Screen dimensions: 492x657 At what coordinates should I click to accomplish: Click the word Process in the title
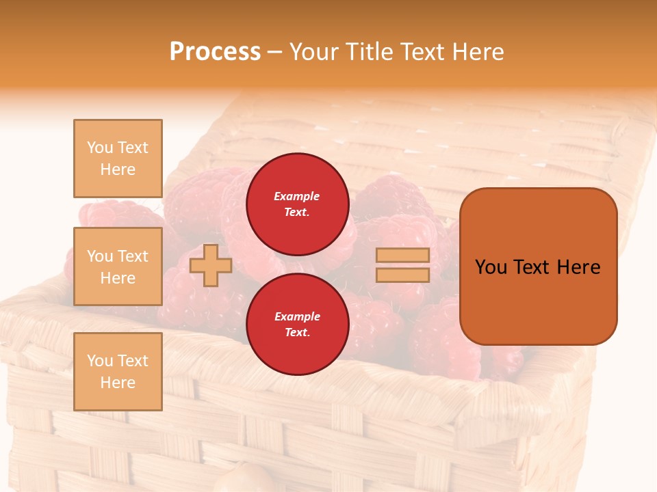pyautogui.click(x=215, y=52)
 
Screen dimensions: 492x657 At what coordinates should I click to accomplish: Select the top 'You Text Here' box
pyautogui.click(x=118, y=159)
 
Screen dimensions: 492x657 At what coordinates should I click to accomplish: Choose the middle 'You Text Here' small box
pyautogui.click(x=118, y=266)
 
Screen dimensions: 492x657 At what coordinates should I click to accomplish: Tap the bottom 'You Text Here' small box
pyautogui.click(x=118, y=372)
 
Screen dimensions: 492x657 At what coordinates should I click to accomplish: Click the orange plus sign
pyautogui.click(x=211, y=265)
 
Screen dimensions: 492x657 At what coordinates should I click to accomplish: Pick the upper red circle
pyautogui.click(x=297, y=204)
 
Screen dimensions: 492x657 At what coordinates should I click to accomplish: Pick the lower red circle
pyautogui.click(x=297, y=324)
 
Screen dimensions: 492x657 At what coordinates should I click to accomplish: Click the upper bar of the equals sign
pyautogui.click(x=402, y=255)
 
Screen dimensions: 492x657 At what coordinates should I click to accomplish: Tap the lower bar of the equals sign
pyautogui.click(x=402, y=275)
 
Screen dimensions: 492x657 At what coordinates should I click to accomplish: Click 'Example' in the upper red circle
pyautogui.click(x=297, y=196)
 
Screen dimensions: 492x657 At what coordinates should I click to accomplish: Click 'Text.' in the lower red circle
pyautogui.click(x=297, y=332)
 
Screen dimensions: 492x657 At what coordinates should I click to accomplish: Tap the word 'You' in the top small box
pyautogui.click(x=100, y=148)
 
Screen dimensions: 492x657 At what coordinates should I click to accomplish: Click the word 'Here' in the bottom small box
pyautogui.click(x=118, y=383)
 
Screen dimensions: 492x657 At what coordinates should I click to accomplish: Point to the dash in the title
pyautogui.click(x=275, y=52)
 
